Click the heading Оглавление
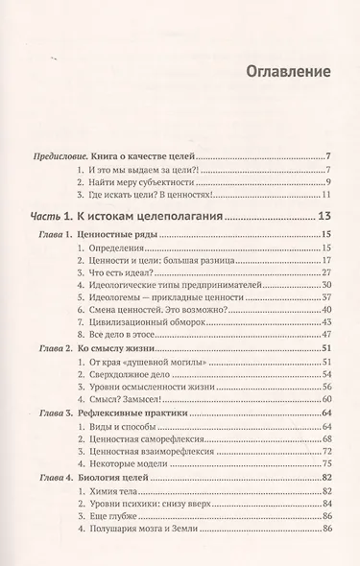(287, 71)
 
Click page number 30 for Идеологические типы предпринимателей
(326, 285)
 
